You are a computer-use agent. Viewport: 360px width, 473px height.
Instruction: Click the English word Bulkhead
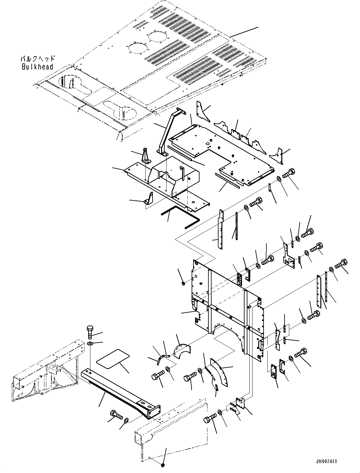point(37,67)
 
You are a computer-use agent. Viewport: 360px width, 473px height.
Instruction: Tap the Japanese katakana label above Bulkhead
point(38,59)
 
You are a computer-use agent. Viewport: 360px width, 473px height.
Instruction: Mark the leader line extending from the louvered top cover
point(244,31)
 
